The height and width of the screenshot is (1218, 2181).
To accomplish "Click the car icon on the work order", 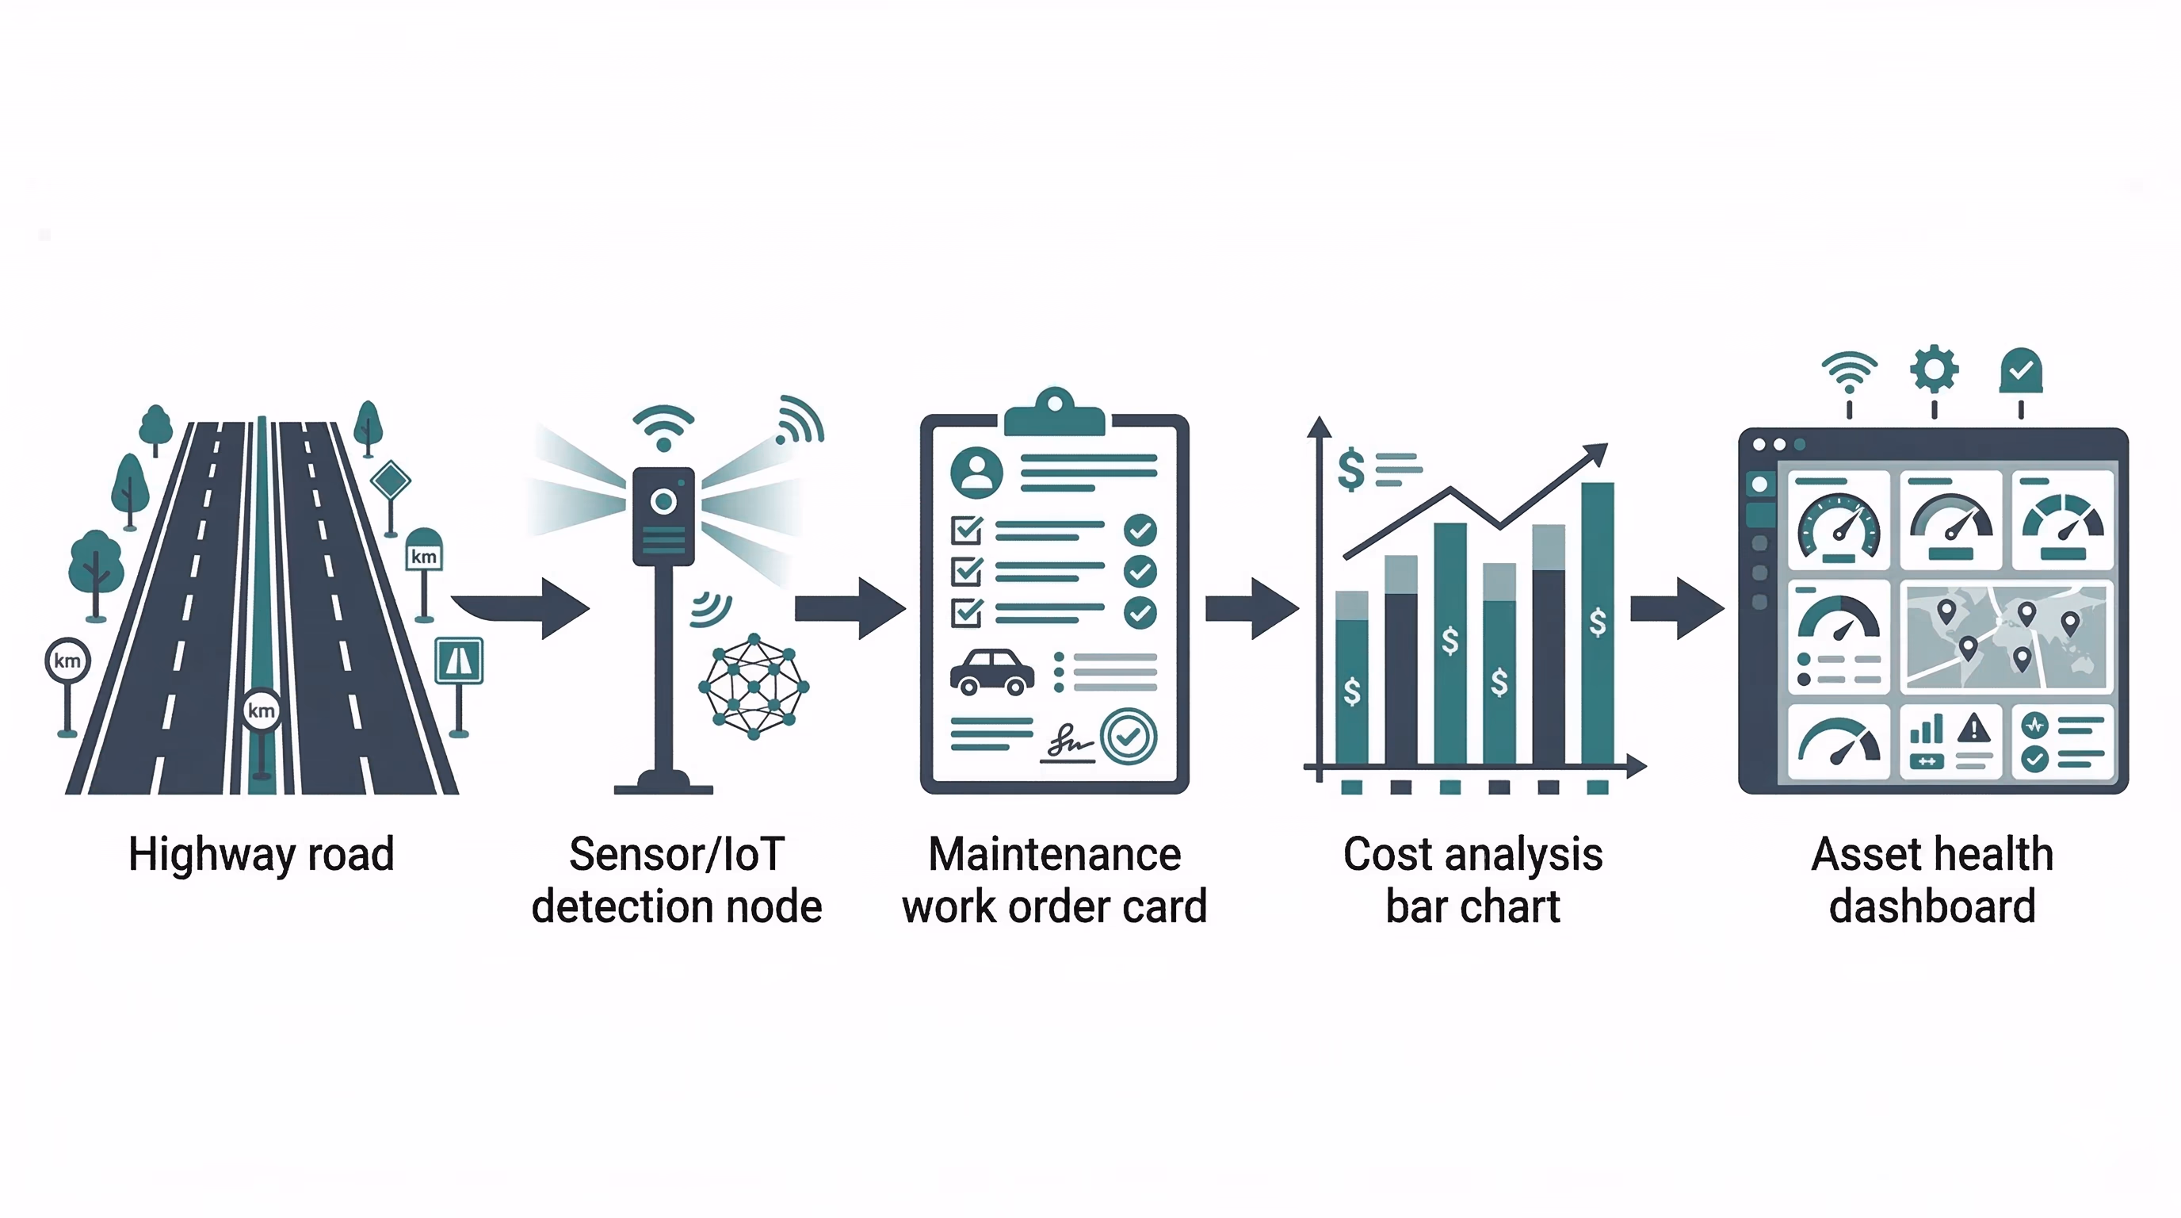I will coord(991,672).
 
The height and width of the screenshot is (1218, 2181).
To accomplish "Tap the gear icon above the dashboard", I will coord(1934,370).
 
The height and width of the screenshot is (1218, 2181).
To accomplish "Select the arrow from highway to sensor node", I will coord(525,607).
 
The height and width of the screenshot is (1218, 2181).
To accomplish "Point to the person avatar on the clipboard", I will coord(976,472).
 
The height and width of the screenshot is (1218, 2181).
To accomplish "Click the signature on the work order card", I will coord(1068,743).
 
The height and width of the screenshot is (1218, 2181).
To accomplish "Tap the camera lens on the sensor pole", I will coord(664,501).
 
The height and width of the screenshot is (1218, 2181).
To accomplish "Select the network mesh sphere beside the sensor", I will coord(754,685).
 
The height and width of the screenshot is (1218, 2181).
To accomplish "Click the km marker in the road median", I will coord(261,710).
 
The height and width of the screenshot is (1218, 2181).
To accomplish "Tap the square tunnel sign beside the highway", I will coord(459,661).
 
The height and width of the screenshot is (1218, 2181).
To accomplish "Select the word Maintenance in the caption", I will coord(1054,854).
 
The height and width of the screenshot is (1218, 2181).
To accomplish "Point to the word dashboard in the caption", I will coord(1932,906).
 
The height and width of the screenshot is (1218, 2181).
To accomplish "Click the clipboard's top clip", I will coord(1054,412).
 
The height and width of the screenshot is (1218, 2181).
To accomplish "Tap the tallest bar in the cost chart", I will coord(1597,622).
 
